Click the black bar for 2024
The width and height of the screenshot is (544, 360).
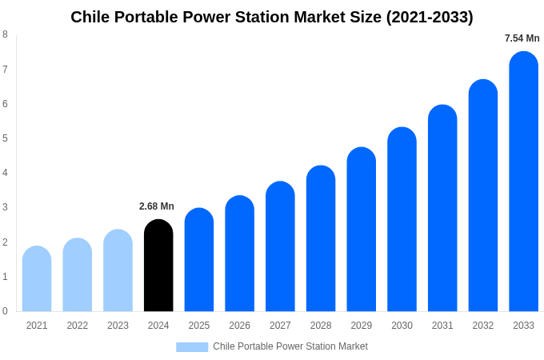[158, 266]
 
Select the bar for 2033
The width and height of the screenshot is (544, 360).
[523, 182]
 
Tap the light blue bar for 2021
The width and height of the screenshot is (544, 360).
[37, 279]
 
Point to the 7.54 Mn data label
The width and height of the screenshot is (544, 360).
[522, 38]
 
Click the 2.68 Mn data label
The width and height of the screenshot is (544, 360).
[157, 206]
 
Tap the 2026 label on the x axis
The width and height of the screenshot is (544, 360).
[239, 326]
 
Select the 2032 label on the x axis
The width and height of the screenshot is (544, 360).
[482, 326]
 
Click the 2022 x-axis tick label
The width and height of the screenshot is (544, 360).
[78, 326]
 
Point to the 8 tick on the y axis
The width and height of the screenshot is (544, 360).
[5, 34]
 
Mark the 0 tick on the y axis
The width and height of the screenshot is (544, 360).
[5, 311]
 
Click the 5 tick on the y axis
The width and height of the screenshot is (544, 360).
[5, 138]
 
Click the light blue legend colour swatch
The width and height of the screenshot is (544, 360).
[192, 347]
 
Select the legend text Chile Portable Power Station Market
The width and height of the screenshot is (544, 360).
[290, 346]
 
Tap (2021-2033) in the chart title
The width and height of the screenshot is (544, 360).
[430, 17]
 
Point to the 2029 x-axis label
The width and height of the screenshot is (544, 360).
[361, 326]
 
